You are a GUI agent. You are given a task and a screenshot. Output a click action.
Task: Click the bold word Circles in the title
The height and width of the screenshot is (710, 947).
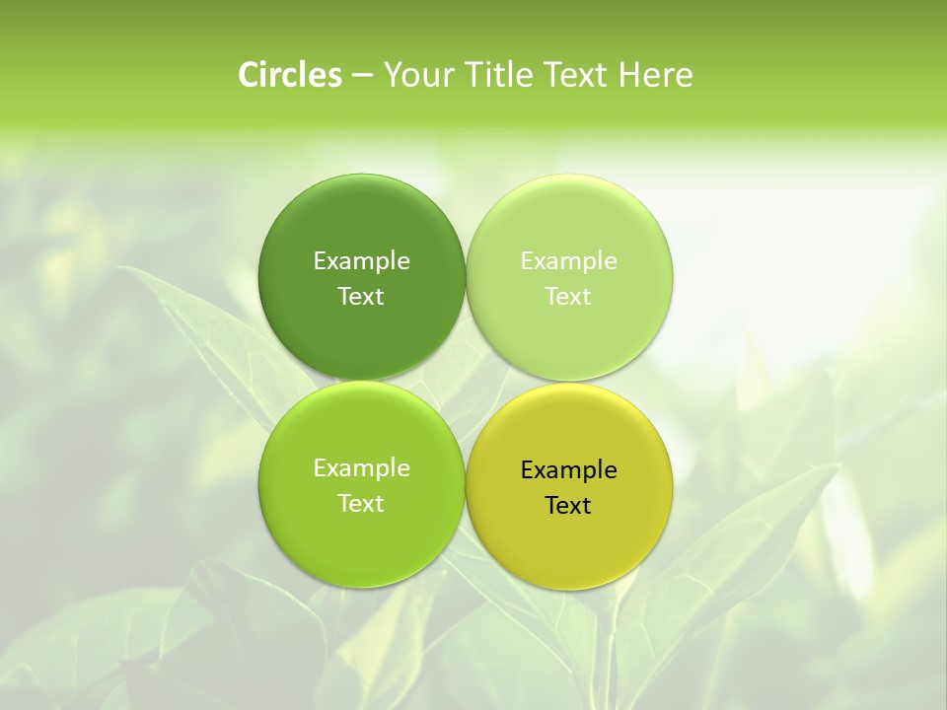pyautogui.click(x=289, y=75)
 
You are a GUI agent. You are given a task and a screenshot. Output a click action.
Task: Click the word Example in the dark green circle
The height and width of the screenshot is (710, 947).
pyautogui.click(x=362, y=260)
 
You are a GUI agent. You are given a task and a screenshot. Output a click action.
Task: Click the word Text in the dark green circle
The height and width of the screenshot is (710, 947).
pyautogui.click(x=361, y=296)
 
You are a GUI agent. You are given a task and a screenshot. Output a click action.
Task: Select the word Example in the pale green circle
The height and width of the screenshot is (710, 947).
pyautogui.click(x=569, y=260)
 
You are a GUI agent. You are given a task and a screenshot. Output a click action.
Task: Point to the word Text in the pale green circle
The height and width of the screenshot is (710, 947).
pyautogui.click(x=568, y=296)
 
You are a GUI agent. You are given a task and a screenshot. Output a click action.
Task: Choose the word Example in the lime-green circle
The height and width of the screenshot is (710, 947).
pyautogui.click(x=362, y=467)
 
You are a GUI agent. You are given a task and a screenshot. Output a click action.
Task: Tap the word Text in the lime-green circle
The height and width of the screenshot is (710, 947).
pyautogui.click(x=361, y=503)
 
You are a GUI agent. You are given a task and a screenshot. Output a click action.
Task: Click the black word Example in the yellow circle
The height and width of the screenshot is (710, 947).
pyautogui.click(x=569, y=469)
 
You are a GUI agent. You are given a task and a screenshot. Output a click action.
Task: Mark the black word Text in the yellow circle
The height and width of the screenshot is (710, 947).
pyautogui.click(x=568, y=505)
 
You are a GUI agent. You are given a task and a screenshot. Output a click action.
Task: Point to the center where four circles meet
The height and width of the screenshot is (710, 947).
pyautogui.click(x=466, y=381)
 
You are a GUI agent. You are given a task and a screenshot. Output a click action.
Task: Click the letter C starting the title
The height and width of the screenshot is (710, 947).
pyautogui.click(x=249, y=75)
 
